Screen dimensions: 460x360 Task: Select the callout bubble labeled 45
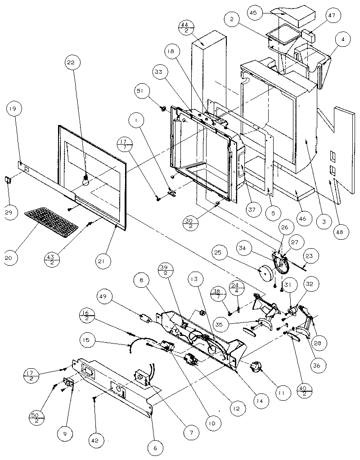(253, 13)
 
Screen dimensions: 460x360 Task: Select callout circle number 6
(155, 448)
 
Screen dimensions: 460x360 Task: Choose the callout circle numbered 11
(281, 393)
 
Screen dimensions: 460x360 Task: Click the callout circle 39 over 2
(163, 270)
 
